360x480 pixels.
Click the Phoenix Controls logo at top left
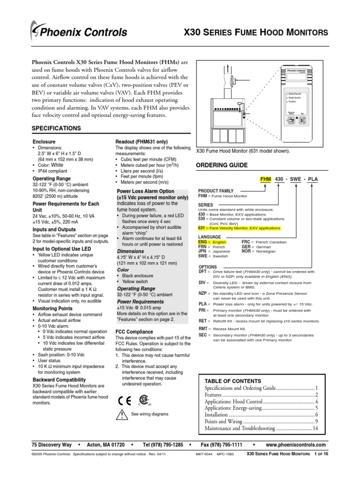pos(78,32)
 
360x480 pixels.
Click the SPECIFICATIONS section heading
pos(56,128)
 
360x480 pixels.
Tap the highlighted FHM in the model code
pos(266,180)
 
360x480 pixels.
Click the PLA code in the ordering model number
pos(313,180)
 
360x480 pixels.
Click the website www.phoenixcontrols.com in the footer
pos(295,444)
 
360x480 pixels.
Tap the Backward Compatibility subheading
pos(59,379)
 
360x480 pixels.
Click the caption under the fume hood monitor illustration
pos(242,151)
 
